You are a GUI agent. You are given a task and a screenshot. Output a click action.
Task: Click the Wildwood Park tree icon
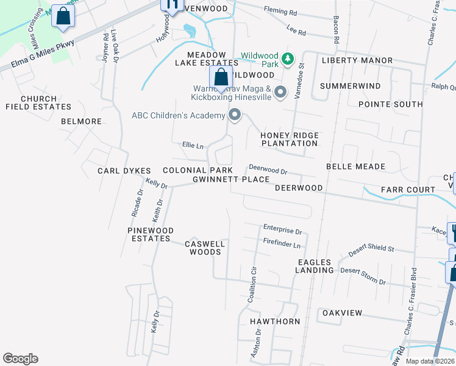[x=287, y=59]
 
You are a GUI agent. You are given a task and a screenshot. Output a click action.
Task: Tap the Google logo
[x=20, y=359]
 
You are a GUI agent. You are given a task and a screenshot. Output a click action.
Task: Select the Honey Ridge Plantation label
[x=289, y=139]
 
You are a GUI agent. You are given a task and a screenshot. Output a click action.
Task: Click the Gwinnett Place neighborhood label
[x=231, y=179]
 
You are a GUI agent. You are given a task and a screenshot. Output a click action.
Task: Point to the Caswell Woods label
[x=205, y=248]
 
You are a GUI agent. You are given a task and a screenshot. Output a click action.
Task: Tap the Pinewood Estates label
[x=151, y=234]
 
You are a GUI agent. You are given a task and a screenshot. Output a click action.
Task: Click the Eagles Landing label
[x=315, y=266]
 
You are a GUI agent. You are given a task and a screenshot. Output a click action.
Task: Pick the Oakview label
[x=342, y=313]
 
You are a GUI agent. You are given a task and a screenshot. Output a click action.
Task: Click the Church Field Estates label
[x=38, y=102]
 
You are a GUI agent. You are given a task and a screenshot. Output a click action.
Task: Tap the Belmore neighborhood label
[x=81, y=121]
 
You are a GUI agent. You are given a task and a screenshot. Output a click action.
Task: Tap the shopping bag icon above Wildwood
[x=221, y=77]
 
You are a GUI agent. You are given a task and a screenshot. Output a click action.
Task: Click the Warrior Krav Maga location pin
[x=280, y=92]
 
